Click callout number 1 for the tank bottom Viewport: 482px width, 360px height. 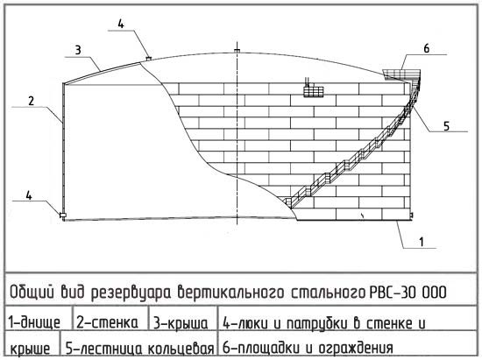422,242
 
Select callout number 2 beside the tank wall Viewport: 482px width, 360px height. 31,101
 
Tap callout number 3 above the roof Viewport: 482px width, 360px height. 78,51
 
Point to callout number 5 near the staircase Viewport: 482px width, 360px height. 446,126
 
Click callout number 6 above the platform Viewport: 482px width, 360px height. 427,48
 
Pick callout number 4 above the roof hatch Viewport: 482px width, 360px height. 121,24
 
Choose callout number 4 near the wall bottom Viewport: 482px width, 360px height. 29,195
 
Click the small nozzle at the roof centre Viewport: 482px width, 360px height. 237,51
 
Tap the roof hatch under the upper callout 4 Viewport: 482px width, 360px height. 148,58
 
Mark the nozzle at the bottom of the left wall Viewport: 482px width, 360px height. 62,215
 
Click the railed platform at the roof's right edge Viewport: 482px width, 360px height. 402,74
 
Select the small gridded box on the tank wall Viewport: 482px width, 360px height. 314,92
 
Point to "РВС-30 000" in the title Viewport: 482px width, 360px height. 408,292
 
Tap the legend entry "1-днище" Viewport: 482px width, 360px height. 34,323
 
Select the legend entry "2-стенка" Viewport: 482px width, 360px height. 107,322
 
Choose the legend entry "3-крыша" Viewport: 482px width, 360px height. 181,323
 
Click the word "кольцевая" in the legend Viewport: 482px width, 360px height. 181,349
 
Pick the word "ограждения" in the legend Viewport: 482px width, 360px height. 356,348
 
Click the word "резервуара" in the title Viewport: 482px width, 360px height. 131,293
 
